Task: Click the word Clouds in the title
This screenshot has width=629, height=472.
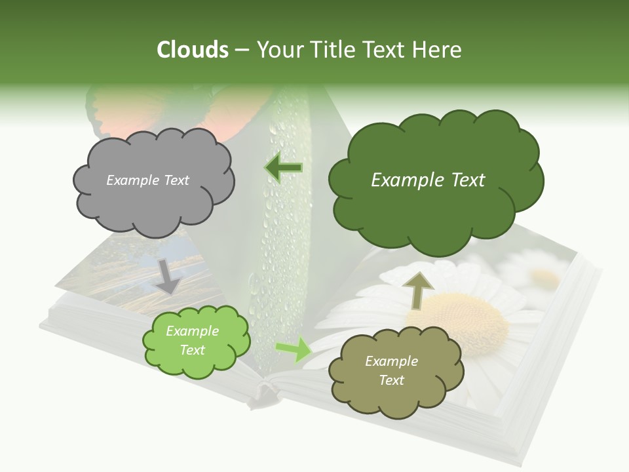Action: pyautogui.click(x=192, y=50)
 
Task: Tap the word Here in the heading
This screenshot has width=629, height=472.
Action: pyautogui.click(x=438, y=50)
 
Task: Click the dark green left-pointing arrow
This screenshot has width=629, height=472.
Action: pyautogui.click(x=283, y=168)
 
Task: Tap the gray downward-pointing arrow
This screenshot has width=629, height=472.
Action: pyautogui.click(x=169, y=275)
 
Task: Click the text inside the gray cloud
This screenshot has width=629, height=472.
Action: pyautogui.click(x=147, y=180)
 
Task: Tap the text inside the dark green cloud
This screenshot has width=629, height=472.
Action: pyautogui.click(x=428, y=180)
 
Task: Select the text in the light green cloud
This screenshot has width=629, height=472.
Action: pyautogui.click(x=192, y=340)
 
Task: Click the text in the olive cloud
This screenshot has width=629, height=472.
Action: pyautogui.click(x=391, y=370)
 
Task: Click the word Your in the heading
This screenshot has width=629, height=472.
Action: pyautogui.click(x=282, y=50)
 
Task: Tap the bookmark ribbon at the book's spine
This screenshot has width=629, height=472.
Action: pyautogui.click(x=262, y=397)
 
